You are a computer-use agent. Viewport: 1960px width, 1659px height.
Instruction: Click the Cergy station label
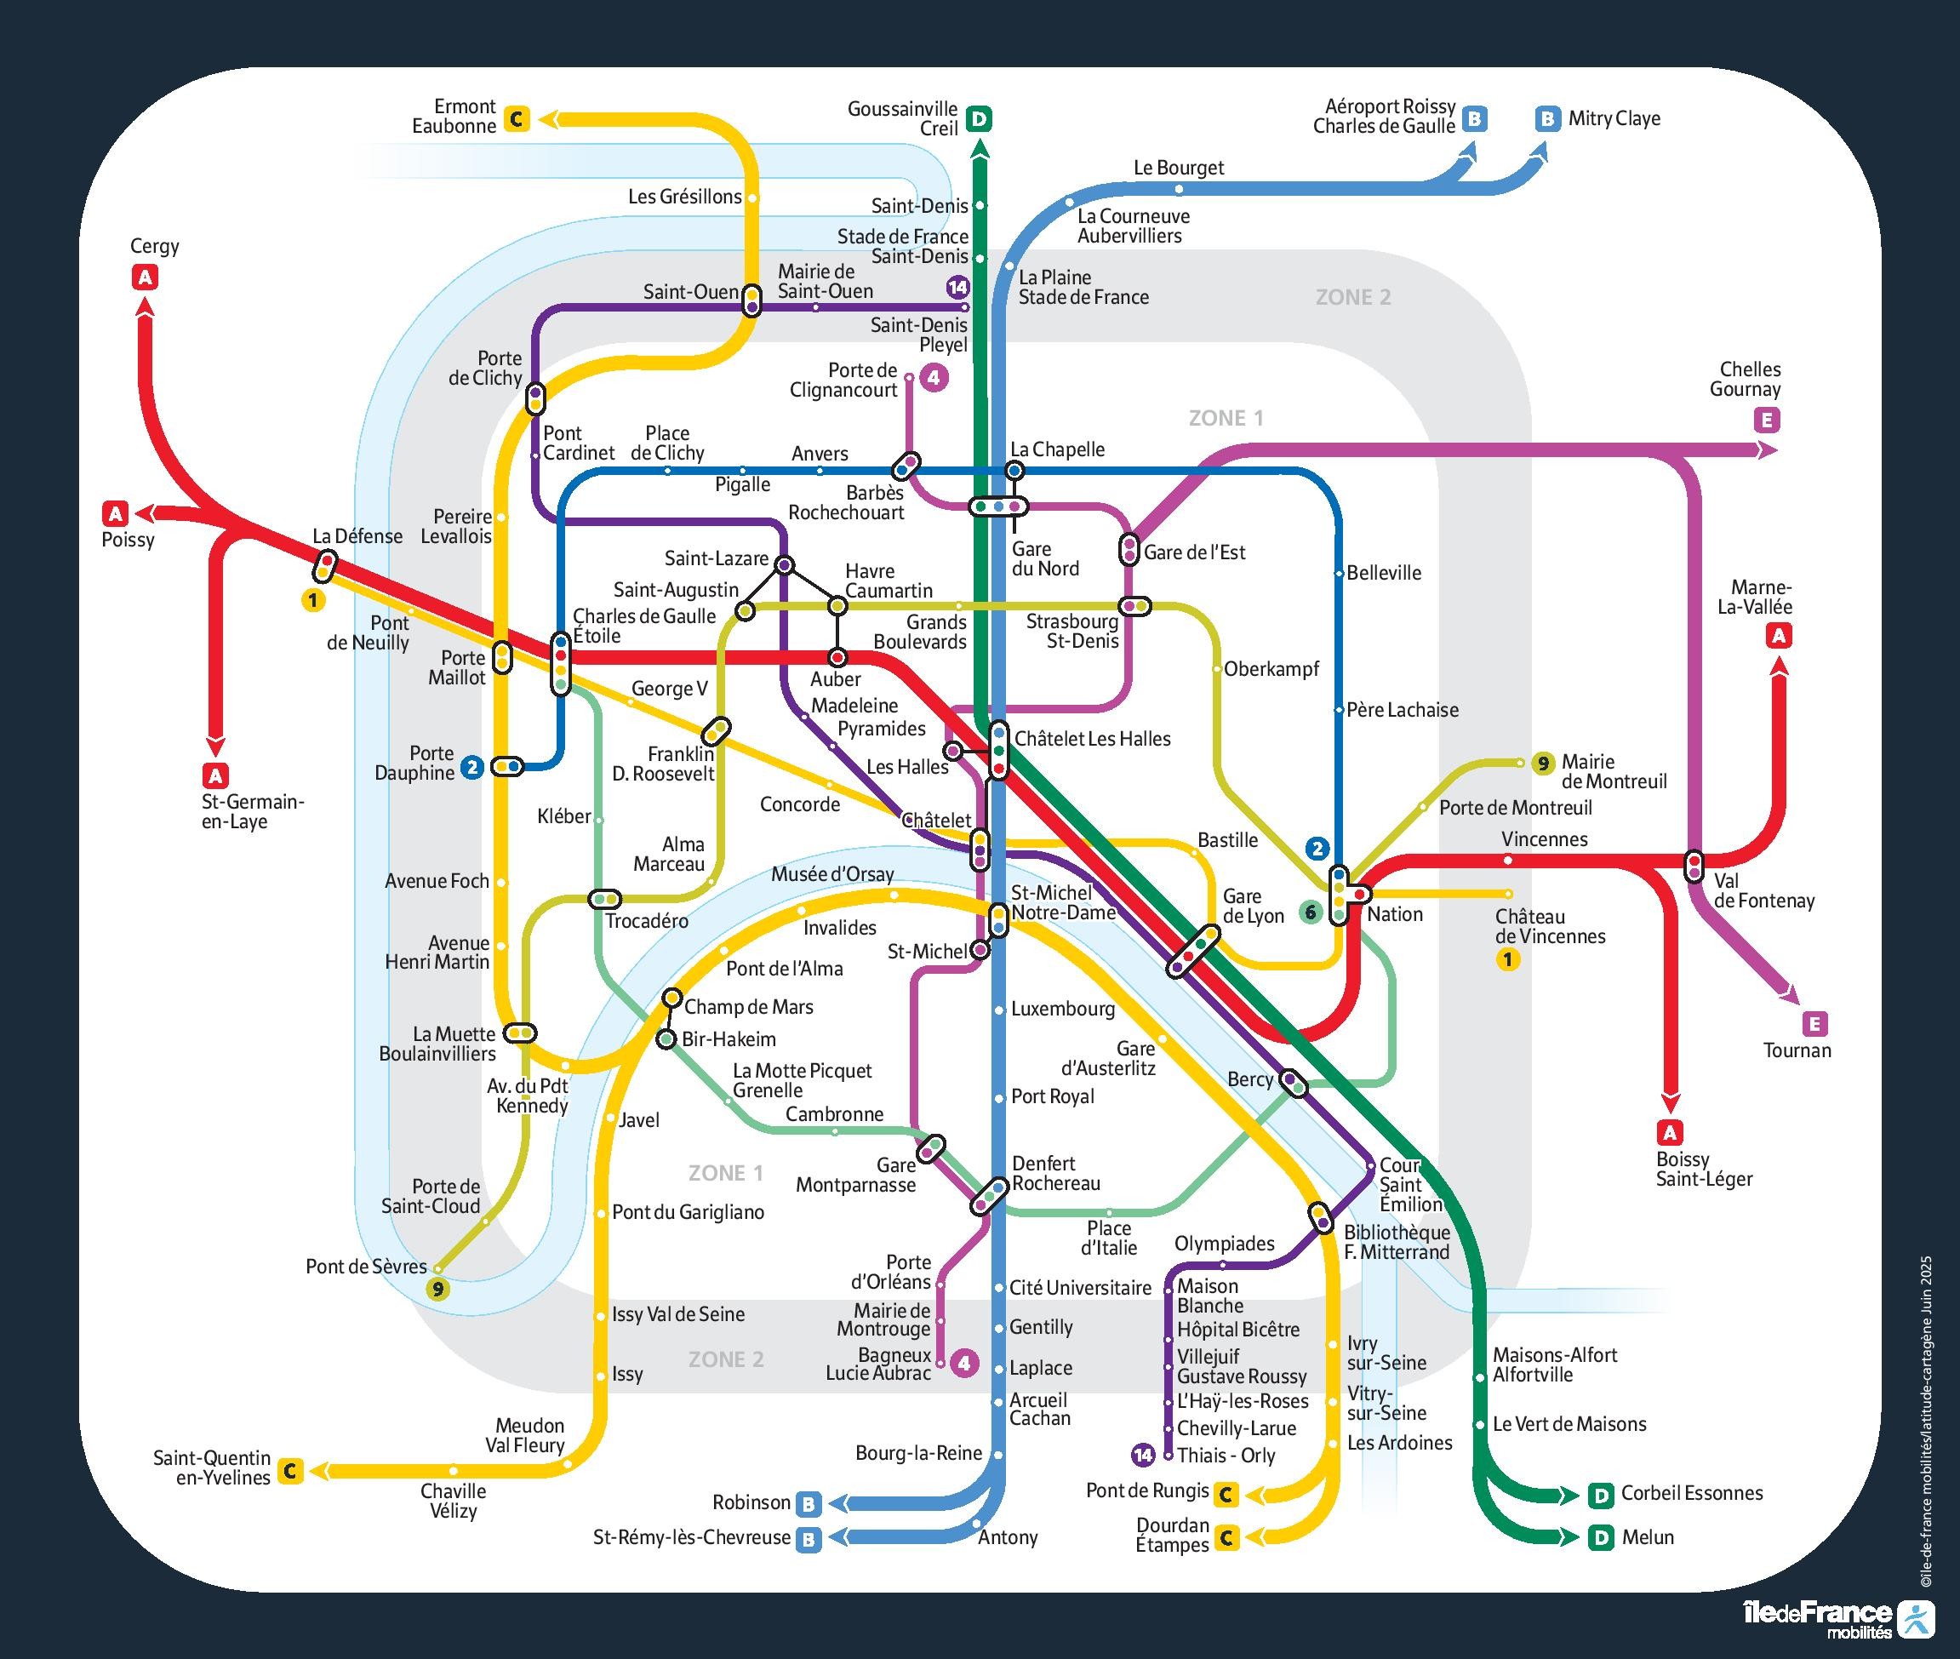[x=154, y=246]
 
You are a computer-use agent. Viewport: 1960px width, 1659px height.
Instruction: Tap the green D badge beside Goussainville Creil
[x=979, y=119]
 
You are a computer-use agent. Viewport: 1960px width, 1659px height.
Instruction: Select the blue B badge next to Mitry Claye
[x=1547, y=118]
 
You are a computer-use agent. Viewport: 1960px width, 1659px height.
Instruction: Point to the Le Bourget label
[x=1179, y=168]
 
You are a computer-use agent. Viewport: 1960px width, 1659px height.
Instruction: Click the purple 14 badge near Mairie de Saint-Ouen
[x=957, y=287]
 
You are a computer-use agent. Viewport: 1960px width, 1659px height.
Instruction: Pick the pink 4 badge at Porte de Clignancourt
[x=934, y=378]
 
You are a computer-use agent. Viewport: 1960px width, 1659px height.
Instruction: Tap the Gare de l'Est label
[x=1193, y=552]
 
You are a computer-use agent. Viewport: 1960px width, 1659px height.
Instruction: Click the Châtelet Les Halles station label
[x=1092, y=739]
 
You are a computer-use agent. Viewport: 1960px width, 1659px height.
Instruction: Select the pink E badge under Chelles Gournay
[x=1767, y=420]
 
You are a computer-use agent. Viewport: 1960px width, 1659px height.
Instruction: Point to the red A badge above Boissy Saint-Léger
[x=1670, y=1132]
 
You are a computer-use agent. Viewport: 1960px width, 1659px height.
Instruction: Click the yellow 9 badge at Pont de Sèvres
[x=437, y=1289]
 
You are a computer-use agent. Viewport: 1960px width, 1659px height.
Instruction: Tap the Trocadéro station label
[x=646, y=921]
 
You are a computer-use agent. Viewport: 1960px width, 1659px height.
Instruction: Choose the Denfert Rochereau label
[x=1055, y=1174]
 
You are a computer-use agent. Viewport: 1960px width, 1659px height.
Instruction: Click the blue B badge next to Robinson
[x=808, y=1504]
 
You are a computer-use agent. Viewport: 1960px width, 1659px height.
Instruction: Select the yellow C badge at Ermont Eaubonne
[x=517, y=119]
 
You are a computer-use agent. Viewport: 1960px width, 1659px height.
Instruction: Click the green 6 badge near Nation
[x=1310, y=912]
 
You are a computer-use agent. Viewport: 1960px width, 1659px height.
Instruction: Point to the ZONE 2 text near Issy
[x=725, y=1359]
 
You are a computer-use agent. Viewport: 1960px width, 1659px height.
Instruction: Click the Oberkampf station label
[x=1271, y=669]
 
